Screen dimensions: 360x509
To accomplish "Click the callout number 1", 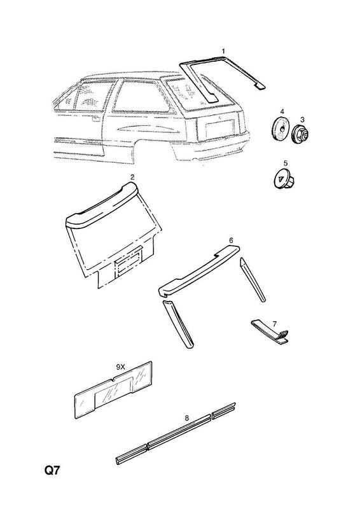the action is click(x=223, y=51).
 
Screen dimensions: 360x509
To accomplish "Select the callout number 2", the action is click(x=132, y=177).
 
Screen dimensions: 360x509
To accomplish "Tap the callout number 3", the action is click(x=302, y=120).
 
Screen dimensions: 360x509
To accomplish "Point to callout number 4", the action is click(x=282, y=111).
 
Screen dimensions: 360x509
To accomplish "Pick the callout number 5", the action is click(x=286, y=163).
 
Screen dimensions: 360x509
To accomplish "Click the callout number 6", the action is click(x=231, y=241).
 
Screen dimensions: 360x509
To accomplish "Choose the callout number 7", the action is click(x=275, y=324).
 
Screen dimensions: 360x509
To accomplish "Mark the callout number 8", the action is click(x=186, y=418).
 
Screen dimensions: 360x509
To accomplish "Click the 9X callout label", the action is click(x=120, y=367).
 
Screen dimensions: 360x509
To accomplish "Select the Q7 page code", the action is click(x=52, y=470).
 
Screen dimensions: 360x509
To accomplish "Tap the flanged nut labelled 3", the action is click(x=301, y=134).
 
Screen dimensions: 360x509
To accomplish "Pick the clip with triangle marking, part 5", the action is click(x=283, y=179).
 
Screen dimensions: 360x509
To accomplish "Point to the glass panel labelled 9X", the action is click(x=114, y=389).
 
